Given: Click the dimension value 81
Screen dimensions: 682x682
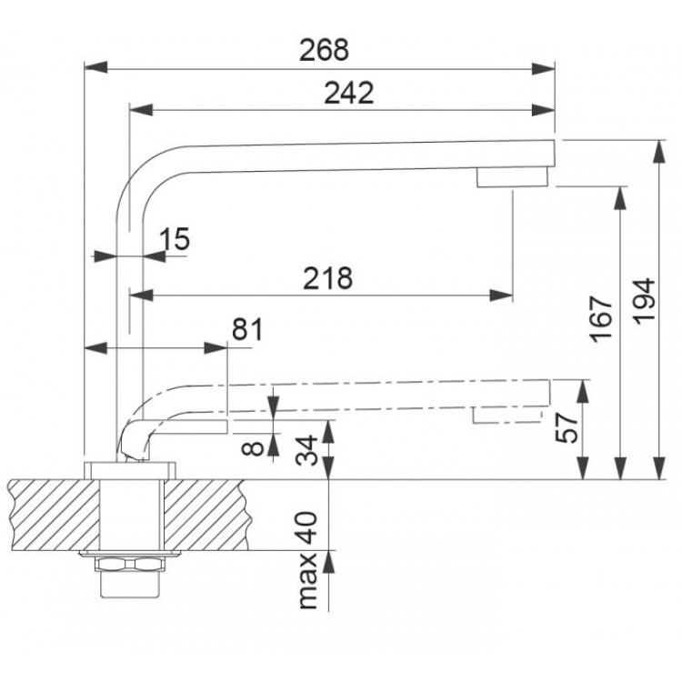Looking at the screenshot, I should (247, 329).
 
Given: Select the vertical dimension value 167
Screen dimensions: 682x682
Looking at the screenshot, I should (602, 318).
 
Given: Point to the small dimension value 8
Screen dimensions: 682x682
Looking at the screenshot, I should (256, 446).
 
